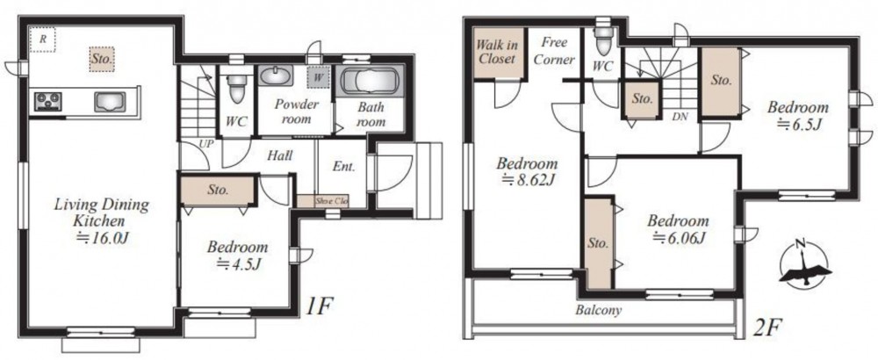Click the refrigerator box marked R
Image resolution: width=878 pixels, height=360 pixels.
point(42,40)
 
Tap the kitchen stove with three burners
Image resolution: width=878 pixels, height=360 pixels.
point(48,101)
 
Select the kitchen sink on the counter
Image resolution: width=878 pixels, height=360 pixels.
point(109,102)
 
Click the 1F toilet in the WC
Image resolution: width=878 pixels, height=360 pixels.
point(237,86)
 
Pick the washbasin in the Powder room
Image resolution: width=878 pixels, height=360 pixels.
point(275,76)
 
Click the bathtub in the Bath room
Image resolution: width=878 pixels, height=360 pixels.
point(369,82)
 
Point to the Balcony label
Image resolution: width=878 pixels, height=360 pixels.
point(599,310)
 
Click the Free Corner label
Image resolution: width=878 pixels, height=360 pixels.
point(554,51)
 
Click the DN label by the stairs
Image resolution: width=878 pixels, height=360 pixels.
point(680,117)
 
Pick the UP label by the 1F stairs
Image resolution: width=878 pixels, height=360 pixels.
point(206,144)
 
